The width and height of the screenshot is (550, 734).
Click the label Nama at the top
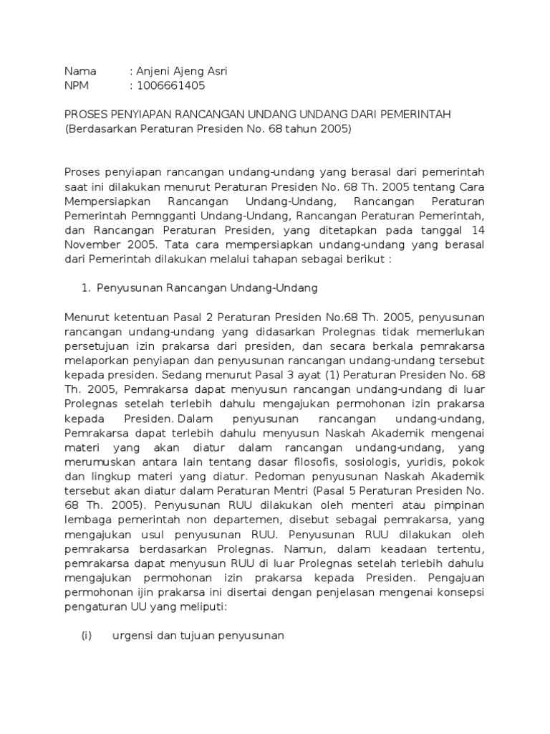tap(80, 72)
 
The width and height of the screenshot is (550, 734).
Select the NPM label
tap(77, 86)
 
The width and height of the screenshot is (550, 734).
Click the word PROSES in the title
tap(85, 115)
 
